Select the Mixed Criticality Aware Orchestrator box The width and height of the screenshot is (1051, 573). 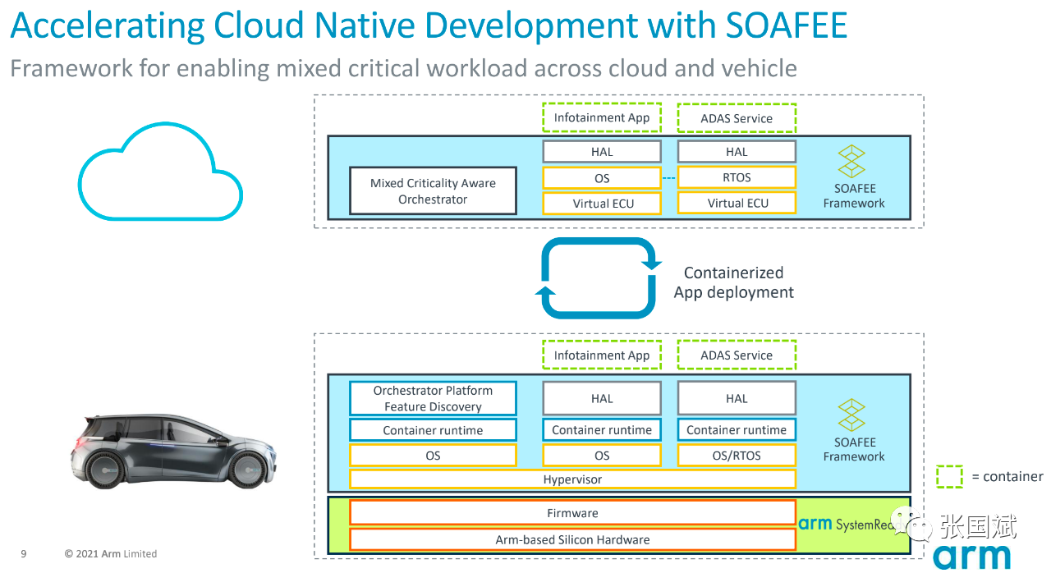[x=433, y=191]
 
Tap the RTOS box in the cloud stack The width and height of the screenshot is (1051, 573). [x=737, y=177]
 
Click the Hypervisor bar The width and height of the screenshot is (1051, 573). [x=572, y=479]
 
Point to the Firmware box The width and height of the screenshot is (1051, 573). [x=572, y=513]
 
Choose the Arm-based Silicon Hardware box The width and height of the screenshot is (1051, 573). [x=572, y=539]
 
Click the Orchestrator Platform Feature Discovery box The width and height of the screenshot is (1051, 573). [x=433, y=398]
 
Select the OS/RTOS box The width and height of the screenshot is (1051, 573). [x=737, y=455]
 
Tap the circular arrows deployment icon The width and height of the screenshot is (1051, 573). [x=599, y=278]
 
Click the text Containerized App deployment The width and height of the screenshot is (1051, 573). [x=734, y=282]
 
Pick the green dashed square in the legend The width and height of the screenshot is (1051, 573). [x=949, y=476]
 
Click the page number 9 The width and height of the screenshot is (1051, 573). [x=24, y=554]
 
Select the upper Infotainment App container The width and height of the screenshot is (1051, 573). [x=601, y=117]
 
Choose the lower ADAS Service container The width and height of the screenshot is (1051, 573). [x=737, y=355]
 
